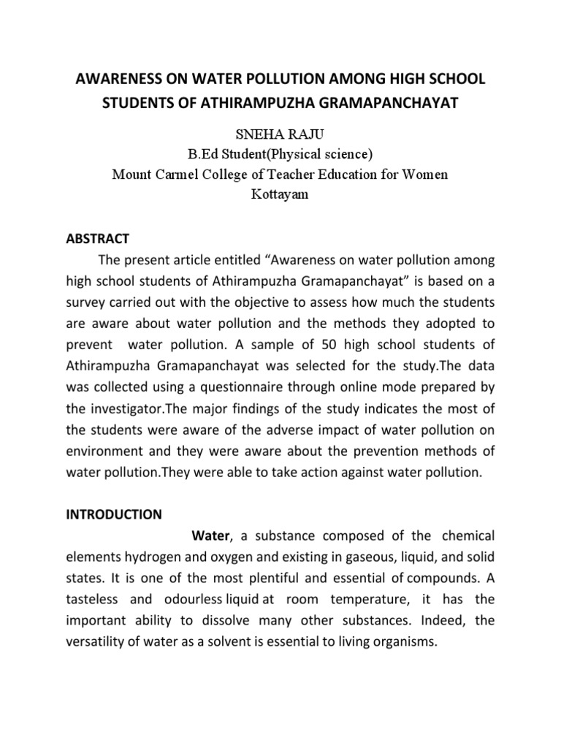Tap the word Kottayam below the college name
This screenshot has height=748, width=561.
(x=280, y=194)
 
